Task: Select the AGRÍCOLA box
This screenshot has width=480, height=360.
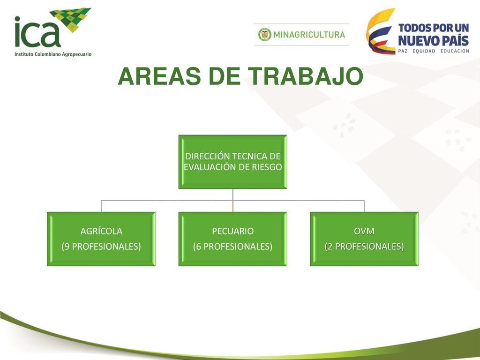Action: coord(101,239)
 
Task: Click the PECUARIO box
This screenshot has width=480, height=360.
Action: coord(232,239)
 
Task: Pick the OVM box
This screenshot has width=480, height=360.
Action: coord(364,239)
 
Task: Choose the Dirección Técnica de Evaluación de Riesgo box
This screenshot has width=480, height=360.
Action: coord(232,162)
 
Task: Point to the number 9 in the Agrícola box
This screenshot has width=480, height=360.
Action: coord(67,247)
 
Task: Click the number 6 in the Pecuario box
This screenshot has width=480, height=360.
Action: coord(198,247)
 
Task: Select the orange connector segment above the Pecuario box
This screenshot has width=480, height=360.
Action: coord(233,206)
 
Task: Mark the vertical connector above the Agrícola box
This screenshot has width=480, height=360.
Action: coord(101,206)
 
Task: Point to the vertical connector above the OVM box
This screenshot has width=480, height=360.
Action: coord(364,206)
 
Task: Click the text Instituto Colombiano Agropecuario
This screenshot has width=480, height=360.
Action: coord(53,54)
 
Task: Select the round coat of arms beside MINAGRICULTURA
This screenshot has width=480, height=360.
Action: coord(265,35)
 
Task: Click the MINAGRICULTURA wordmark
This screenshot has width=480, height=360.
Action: coord(309,35)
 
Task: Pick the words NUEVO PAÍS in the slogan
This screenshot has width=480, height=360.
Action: coord(433,41)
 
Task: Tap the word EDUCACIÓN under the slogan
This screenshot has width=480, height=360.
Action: coord(455,51)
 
